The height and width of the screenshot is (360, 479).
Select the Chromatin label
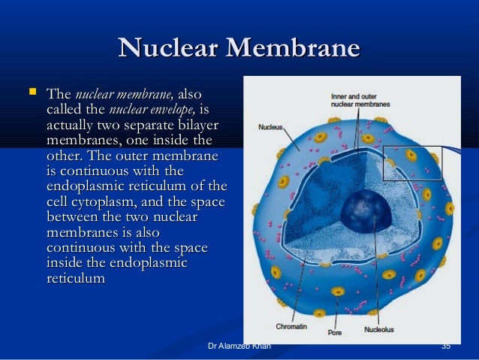coord(291,327)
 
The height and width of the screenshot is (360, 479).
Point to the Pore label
coord(336,331)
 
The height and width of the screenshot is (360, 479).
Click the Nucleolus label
coord(380,328)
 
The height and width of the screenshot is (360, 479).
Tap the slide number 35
coord(446,346)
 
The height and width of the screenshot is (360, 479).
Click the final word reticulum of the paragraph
coord(75,278)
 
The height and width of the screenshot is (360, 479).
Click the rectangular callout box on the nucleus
coord(412,163)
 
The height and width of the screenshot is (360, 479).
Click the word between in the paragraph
coord(74,217)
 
